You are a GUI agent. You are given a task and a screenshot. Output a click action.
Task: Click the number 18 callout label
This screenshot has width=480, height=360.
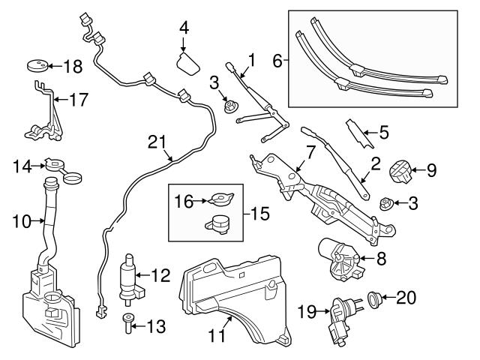point(72,67)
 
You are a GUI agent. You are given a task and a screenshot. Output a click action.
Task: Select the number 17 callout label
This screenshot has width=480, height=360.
point(79,98)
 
